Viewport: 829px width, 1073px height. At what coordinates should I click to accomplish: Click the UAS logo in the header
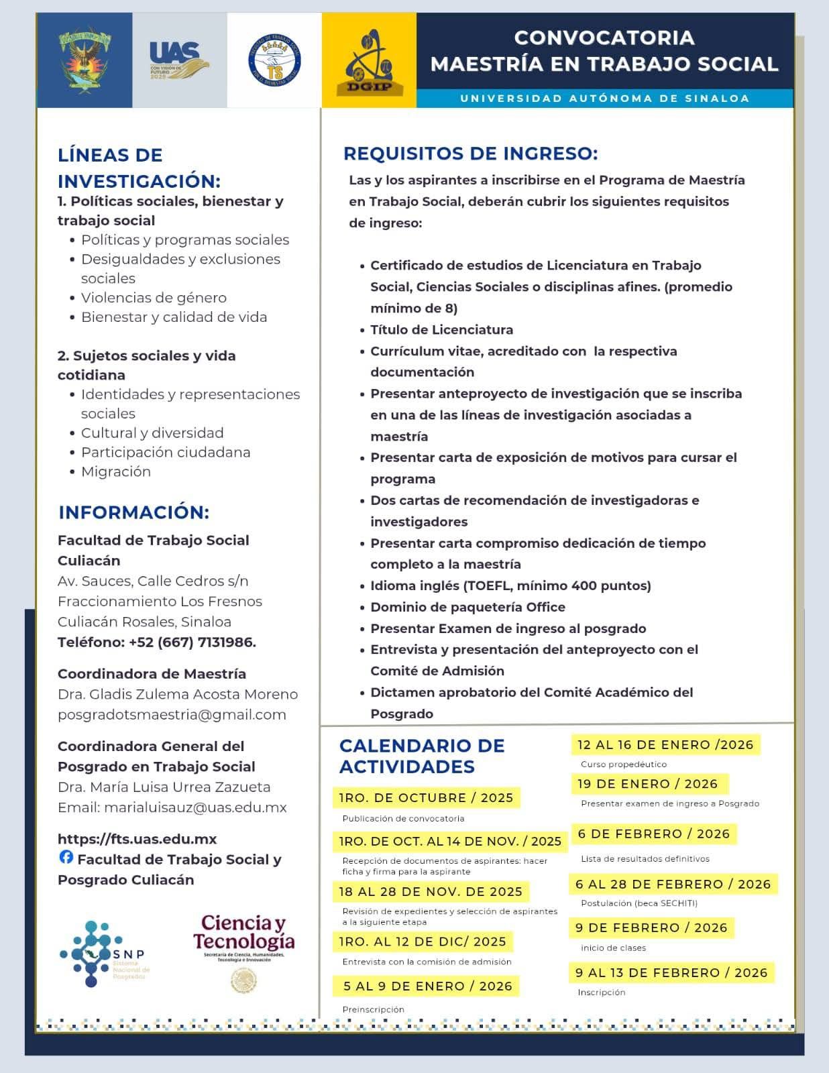(178, 60)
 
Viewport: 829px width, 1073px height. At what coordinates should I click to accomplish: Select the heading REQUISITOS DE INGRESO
(470, 154)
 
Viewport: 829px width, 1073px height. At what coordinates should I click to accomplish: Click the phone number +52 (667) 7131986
(192, 642)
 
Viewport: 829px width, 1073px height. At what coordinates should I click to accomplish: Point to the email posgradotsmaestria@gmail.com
(172, 714)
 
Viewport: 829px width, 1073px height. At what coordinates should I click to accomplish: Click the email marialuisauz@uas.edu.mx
(195, 807)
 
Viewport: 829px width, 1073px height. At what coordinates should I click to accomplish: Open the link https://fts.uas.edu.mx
(137, 838)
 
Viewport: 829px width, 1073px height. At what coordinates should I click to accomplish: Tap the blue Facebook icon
(66, 856)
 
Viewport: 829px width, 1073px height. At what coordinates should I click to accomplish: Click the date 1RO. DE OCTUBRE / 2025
(426, 797)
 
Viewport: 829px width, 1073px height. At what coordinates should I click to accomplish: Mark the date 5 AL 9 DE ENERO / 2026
(427, 986)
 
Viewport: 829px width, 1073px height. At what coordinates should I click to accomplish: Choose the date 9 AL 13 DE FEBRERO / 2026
(671, 972)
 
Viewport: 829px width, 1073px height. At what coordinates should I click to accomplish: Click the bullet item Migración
(115, 471)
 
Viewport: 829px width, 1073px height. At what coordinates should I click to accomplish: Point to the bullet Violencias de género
(154, 297)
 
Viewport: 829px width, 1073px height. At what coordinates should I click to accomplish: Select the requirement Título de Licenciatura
(441, 329)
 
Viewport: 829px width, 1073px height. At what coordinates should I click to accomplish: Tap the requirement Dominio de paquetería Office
(467, 607)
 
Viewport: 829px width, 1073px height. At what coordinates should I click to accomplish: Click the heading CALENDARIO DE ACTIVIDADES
(421, 756)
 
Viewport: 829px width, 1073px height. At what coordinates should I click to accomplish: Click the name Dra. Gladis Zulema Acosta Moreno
(177, 694)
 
